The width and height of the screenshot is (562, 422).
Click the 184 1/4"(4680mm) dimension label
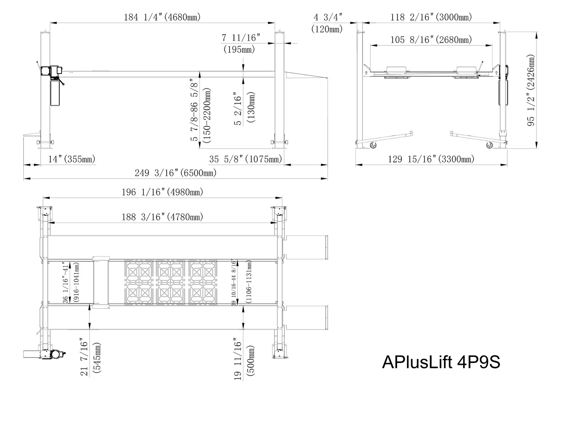coord(162,17)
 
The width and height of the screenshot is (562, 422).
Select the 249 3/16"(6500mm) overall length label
coord(176,173)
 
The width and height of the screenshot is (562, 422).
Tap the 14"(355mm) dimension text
coord(72,159)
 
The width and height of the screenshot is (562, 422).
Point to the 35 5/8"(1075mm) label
coord(246,159)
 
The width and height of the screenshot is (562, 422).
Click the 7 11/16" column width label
coord(241,38)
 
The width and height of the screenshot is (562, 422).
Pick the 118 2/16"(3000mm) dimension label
coord(431,17)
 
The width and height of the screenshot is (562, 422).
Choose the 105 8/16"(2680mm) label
coord(431,40)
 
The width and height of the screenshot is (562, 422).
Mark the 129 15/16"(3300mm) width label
coord(431,159)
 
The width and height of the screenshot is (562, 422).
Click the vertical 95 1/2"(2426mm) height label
coord(531,90)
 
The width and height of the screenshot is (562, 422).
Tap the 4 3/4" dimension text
coord(328,17)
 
